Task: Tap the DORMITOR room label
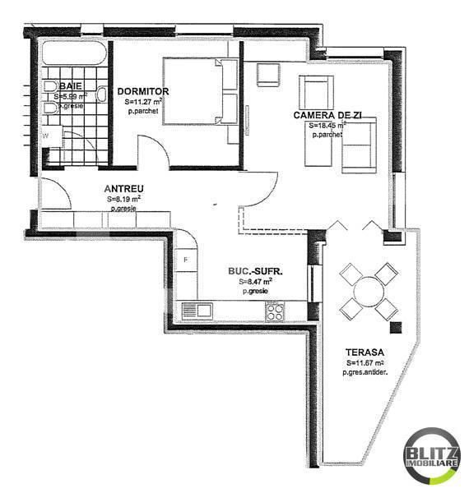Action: [x=143, y=90]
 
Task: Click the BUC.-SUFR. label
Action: [x=256, y=270]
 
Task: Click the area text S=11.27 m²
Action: [x=143, y=101]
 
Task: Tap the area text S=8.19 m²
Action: [x=123, y=198]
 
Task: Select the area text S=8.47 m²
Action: [x=256, y=281]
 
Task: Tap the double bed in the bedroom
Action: [x=200, y=90]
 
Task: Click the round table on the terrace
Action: [x=366, y=291]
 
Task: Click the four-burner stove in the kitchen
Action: [x=275, y=311]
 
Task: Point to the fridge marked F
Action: [x=187, y=260]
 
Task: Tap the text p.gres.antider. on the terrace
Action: [x=366, y=372]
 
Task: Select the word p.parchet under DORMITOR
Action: [x=143, y=110]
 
